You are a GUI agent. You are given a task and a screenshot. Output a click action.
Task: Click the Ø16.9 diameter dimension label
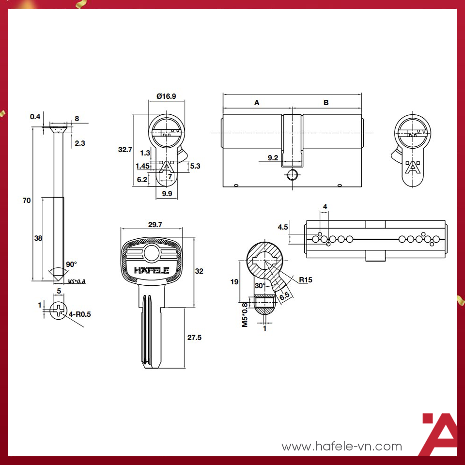pos(166,96)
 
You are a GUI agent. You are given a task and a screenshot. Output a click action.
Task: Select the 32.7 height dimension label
pos(125,150)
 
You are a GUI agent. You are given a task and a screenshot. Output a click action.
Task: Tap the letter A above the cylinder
pos(257,103)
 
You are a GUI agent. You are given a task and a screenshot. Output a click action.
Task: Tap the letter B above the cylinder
pos(326,103)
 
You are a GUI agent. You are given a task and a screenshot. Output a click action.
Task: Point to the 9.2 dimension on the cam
pos(273,157)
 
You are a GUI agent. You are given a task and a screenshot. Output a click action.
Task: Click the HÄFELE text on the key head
pos(152,270)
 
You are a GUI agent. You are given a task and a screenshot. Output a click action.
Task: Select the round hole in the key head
pos(152,252)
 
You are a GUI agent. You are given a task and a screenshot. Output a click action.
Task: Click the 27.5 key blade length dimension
pos(194,338)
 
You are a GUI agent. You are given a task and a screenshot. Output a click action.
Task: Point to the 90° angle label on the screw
pos(72,264)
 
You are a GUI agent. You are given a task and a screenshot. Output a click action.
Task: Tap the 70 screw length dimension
pos(27,200)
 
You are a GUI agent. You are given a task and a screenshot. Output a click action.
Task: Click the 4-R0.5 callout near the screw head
pos(80,314)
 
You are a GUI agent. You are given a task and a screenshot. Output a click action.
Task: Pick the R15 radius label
pos(305,280)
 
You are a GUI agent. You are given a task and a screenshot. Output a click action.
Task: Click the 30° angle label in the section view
pos(260,286)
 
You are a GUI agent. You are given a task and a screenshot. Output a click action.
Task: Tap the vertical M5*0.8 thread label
pos(245,315)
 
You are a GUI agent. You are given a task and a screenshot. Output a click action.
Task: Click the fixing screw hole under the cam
pos(292,175)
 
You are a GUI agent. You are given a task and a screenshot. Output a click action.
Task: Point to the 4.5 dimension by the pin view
pos(283,227)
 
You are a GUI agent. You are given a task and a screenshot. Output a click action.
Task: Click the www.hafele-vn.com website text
pos(341,446)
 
